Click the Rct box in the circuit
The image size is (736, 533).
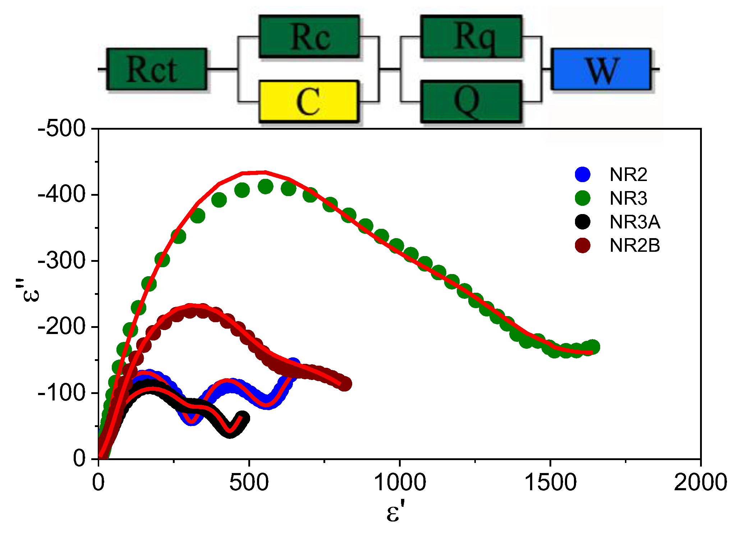(157, 69)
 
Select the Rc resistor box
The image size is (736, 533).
(309, 37)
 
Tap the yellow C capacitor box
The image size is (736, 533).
(308, 101)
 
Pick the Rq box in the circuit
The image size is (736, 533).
(471, 37)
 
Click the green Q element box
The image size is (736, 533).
(471, 101)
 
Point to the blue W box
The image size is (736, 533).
(601, 69)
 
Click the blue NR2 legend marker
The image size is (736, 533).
(583, 174)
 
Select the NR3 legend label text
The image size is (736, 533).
(628, 198)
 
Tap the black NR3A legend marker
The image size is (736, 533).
(583, 222)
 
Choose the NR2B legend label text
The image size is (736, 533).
(635, 246)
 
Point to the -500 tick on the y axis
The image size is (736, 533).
(62, 129)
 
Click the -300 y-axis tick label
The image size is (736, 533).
(62, 261)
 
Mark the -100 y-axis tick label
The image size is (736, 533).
(62, 393)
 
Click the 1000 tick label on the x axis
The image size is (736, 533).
(400, 482)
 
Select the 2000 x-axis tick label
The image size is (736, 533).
(700, 482)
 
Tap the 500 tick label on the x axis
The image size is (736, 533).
(249, 482)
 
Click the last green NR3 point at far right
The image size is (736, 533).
(593, 347)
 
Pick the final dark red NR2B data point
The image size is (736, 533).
(345, 384)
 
